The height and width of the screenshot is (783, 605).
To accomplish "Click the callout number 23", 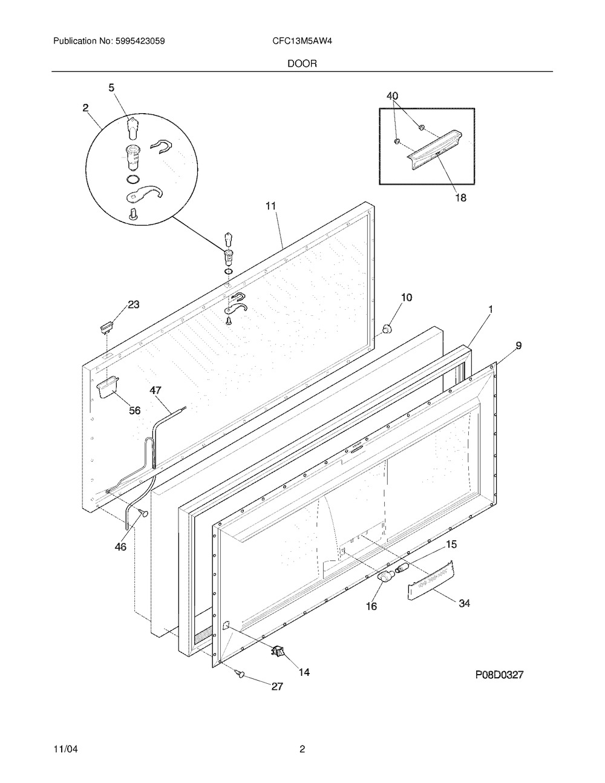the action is click(x=134, y=304).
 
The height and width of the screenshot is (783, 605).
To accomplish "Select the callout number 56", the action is click(x=135, y=410).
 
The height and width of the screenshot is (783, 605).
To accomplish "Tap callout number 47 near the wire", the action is click(x=155, y=390).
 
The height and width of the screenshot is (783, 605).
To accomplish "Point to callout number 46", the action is click(x=120, y=546).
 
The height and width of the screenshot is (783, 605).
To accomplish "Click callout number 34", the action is click(x=464, y=603).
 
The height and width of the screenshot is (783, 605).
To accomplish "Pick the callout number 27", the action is click(x=277, y=686).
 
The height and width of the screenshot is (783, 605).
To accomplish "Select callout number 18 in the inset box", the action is click(x=460, y=197).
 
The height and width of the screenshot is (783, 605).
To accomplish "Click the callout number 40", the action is click(x=392, y=96).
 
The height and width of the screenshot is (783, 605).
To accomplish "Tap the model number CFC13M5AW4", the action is click(x=302, y=41).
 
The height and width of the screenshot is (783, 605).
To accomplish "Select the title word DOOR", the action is click(x=302, y=64).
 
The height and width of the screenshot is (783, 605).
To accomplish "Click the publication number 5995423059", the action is click(x=140, y=41).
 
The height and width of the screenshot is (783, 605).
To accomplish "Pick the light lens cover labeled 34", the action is click(x=431, y=580).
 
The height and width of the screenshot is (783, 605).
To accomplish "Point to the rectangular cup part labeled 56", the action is click(x=107, y=387).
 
